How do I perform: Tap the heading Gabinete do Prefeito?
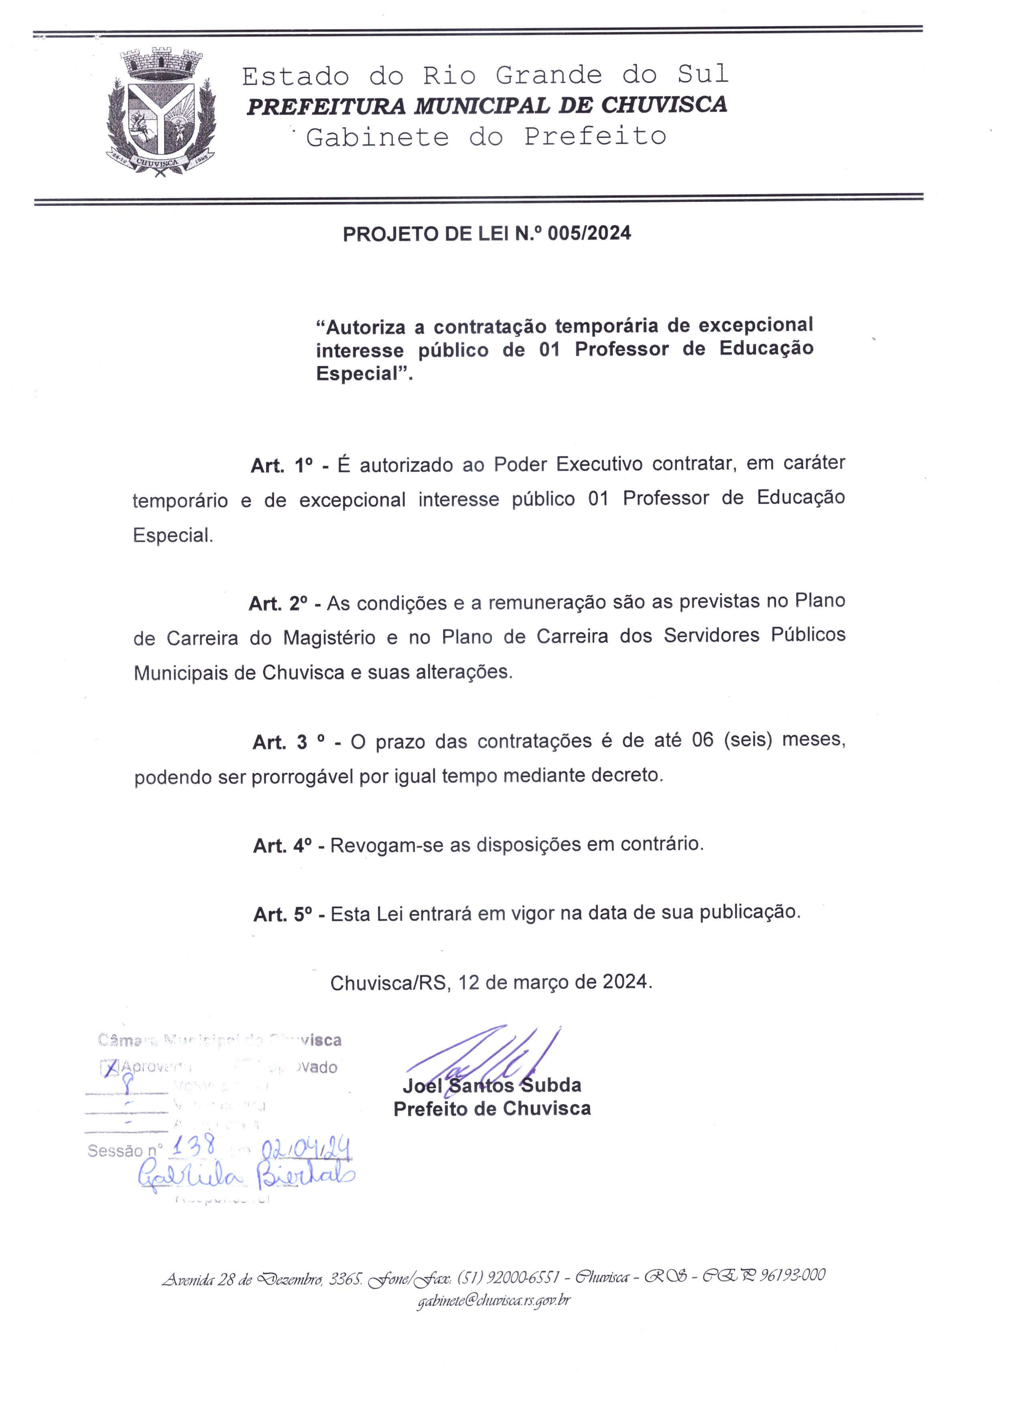[x=486, y=136]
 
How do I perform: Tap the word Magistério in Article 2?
[x=329, y=637]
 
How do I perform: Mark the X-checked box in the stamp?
[x=109, y=1067]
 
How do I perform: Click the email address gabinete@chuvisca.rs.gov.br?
[x=493, y=1300]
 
